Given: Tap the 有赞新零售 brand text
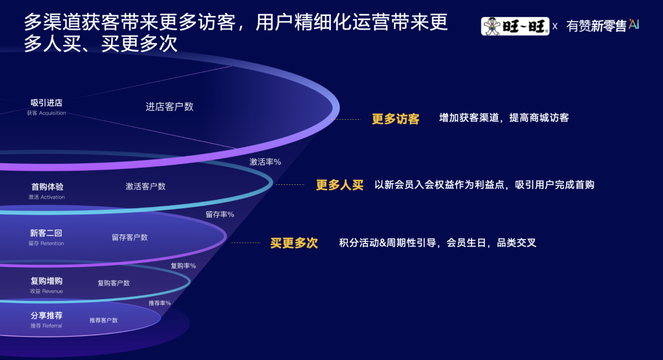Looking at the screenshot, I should coord(595,26).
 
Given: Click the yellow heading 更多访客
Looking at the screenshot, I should coord(395,119).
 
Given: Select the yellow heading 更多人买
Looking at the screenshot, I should coord(339,185).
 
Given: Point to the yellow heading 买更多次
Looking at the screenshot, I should coord(294,243).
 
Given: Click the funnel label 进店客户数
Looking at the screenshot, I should coord(169,106).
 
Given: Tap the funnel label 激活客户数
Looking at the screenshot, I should coord(145,186).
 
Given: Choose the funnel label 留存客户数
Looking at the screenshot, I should coord(130,237).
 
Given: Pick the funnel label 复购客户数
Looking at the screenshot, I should coord(114,283).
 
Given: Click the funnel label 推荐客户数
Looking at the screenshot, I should coord(103,320).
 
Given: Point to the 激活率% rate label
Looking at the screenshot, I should coord(265,162).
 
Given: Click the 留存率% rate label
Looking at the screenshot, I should coord(219,214).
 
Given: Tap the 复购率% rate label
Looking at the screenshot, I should coord(183,266).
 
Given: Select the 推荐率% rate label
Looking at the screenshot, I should coord(160,303).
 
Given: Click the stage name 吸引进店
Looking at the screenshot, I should coord(47,103).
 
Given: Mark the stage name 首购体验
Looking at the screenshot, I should coord(47,186).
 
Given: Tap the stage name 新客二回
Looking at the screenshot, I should coord(46,233).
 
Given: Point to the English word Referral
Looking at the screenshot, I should coord(52,326).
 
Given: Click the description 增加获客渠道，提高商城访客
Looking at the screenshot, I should coord(504,117).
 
